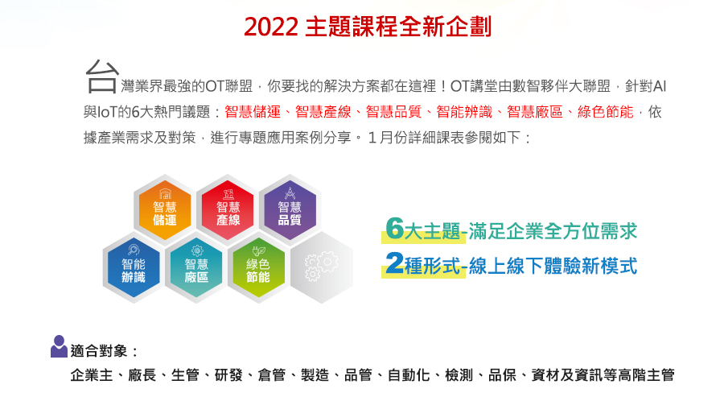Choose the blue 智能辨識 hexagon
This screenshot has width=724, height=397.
134,267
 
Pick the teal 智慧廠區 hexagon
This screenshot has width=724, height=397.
196,267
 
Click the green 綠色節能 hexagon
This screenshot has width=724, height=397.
258,267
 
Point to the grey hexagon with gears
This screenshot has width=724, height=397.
321,267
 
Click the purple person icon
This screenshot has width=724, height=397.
59,346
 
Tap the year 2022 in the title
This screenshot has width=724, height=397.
270,27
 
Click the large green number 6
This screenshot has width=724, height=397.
395,229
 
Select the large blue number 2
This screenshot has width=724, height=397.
395,263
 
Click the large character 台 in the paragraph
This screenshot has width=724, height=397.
102,77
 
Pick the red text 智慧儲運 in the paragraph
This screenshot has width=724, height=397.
253,112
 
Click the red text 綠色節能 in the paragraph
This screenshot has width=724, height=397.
605,112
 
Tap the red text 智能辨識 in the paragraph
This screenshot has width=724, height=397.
464,112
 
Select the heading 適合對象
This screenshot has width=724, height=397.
99,351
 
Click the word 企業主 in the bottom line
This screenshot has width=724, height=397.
92,374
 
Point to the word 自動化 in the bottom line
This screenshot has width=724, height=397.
409,374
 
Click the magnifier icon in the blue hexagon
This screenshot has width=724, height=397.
134,250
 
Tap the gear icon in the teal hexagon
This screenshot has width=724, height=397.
197,250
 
